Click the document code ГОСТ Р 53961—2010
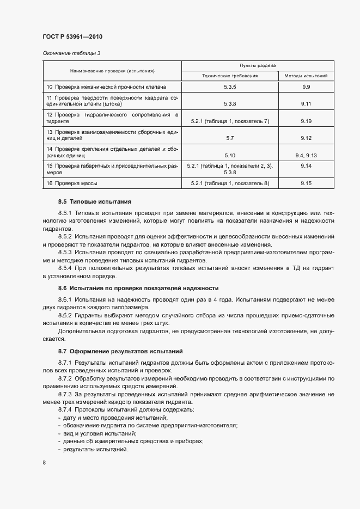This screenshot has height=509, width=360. click(72, 37)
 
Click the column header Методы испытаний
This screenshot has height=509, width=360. click(306, 76)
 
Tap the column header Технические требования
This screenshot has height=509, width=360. click(229, 76)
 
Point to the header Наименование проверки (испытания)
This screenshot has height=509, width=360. click(112, 71)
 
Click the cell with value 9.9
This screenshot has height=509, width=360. click(306, 87)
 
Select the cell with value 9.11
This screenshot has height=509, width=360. click(306, 103)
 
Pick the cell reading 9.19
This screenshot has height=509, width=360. click(306, 121)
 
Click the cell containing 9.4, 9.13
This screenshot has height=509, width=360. click(306, 156)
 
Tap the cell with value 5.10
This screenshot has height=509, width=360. click(229, 156)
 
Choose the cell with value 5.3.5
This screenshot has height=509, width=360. click(229, 87)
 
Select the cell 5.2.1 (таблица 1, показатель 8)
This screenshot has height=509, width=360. click(229, 183)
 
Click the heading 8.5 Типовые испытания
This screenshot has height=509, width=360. click(95, 201)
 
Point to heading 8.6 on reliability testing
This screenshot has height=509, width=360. click(138, 287)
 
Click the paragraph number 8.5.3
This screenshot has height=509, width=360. click(65, 253)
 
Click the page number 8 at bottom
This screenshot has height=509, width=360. click(44, 463)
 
